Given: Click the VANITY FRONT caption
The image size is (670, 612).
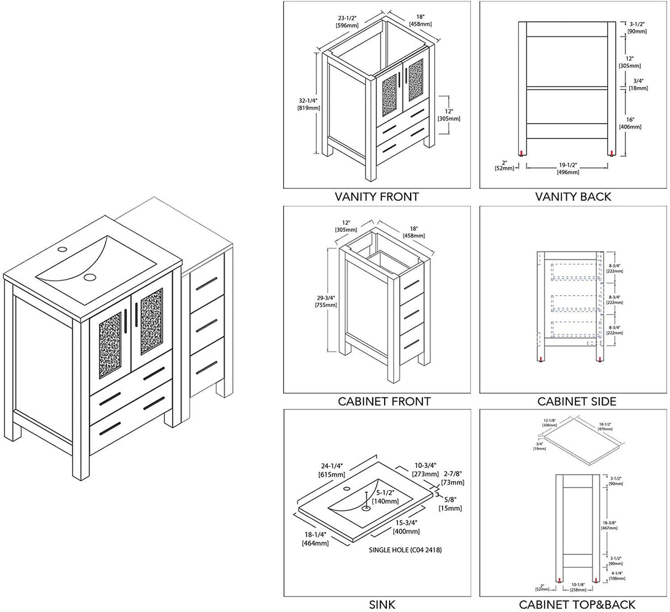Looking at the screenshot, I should click(377, 196).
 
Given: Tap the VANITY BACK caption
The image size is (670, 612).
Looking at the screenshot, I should click(573, 196).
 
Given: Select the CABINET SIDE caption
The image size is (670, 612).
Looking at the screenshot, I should click(577, 401).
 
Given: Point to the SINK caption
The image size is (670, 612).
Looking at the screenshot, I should click(381, 605).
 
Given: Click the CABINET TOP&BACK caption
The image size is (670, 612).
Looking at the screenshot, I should click(577, 605).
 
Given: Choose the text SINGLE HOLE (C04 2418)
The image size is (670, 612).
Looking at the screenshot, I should click(405, 550).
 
